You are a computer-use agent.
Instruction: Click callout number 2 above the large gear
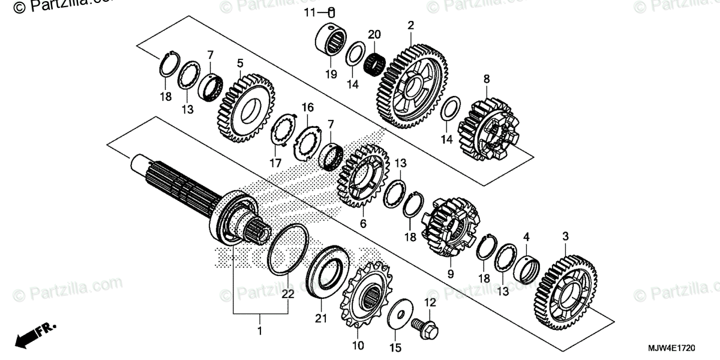pyautogui.click(x=410, y=25)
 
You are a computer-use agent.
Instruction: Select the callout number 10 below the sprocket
pyautogui.click(x=358, y=346)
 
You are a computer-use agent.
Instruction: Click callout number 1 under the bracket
pyautogui.click(x=260, y=331)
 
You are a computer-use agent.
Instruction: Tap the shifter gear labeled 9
pyautogui.click(x=451, y=228)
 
